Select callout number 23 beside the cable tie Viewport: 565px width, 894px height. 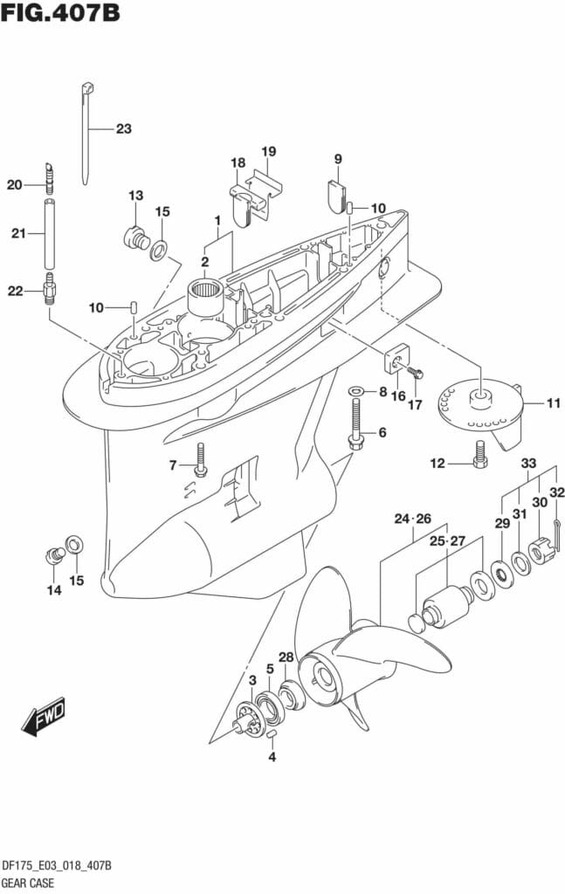[x=123, y=128]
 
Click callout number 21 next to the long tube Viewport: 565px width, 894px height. [x=18, y=233]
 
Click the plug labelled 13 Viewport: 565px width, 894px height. [x=134, y=236]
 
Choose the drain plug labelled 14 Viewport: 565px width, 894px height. [x=53, y=553]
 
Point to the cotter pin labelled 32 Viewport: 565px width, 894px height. [x=560, y=525]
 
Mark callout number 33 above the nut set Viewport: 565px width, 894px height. [x=529, y=463]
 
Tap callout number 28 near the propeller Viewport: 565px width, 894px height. [x=286, y=657]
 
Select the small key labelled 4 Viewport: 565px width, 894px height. [x=272, y=734]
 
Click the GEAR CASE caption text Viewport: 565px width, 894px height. [x=29, y=883]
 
